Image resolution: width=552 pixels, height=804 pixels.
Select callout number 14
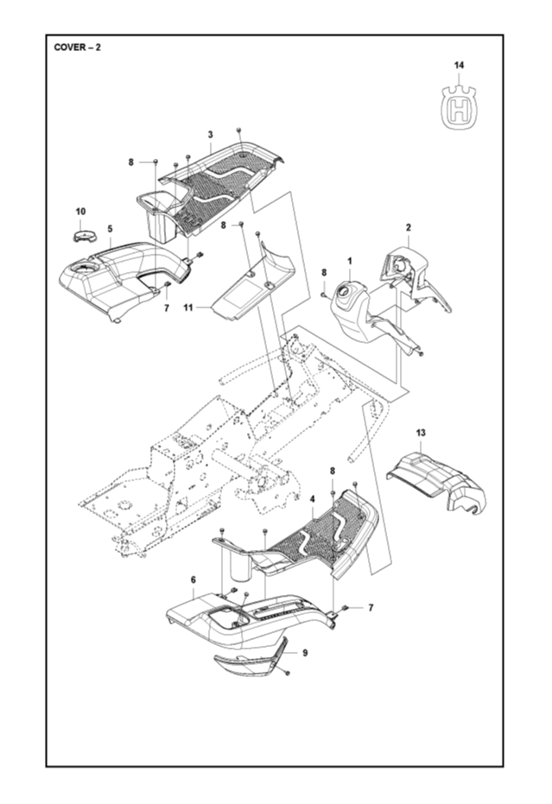459,65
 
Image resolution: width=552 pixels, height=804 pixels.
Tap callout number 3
210,134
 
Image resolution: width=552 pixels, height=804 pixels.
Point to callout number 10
80,212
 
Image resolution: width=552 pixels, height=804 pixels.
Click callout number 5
110,228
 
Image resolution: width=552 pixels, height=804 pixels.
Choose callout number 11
187,307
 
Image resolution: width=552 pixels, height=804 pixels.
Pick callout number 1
350,260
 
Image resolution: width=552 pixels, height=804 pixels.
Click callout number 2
408,227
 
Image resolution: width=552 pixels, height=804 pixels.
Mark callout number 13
421,431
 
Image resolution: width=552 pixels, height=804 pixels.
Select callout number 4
311,498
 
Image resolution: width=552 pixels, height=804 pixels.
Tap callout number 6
193,579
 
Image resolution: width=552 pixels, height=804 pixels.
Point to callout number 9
304,653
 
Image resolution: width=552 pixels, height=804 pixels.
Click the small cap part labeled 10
82,235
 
